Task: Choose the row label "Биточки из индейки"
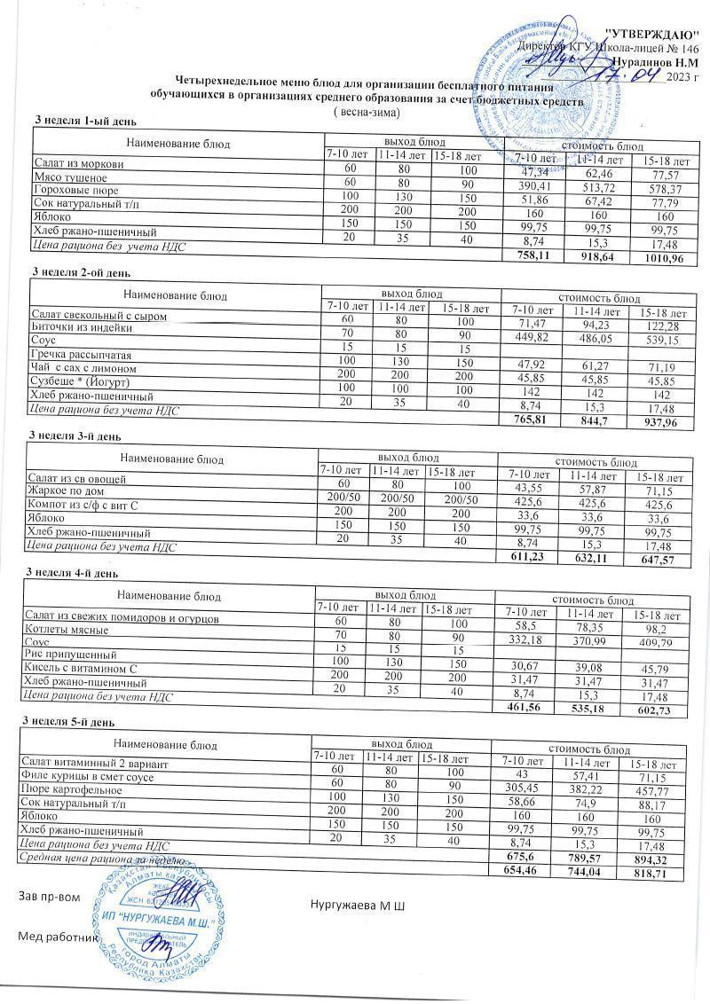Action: [x=82, y=327]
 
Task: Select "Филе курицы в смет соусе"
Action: [x=93, y=777]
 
